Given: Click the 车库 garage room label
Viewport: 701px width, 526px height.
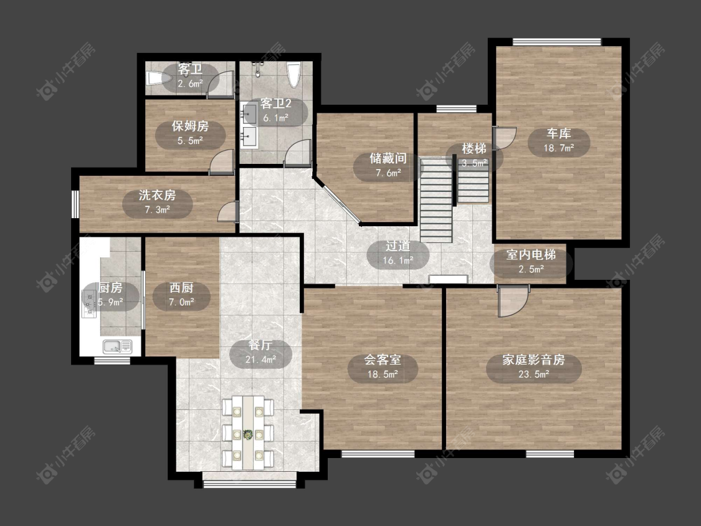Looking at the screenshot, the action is [558, 133].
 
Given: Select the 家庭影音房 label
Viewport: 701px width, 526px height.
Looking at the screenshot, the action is [533, 360].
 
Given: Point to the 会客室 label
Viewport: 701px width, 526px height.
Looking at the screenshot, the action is [382, 360].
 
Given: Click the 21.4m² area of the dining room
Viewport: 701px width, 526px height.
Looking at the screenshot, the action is [260, 360].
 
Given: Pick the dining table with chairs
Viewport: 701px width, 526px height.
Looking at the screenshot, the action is [247, 432].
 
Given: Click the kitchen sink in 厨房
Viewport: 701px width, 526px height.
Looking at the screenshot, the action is [117, 346].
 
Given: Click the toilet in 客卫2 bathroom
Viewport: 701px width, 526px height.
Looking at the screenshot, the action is [293, 75].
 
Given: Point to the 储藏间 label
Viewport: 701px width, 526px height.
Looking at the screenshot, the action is [388, 158].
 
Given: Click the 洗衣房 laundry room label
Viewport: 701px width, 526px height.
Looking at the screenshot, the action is [157, 195].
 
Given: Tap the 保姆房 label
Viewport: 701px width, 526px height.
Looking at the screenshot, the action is [191, 126].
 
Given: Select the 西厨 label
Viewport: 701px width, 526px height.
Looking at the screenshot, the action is [181, 287].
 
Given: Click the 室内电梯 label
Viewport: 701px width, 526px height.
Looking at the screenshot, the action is [531, 255].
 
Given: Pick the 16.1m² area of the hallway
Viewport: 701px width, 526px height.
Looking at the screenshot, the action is [398, 261].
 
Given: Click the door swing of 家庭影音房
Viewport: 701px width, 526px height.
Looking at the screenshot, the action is [514, 300].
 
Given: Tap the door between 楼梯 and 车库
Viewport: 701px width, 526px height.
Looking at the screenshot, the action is [504, 138].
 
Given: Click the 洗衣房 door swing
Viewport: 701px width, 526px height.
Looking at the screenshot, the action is [228, 211].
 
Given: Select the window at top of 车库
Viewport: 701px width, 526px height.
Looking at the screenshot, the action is [557, 42].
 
